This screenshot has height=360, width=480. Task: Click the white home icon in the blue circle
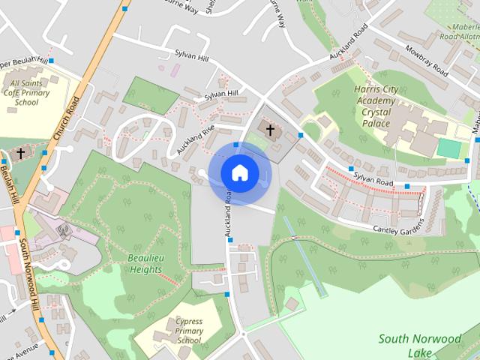239,173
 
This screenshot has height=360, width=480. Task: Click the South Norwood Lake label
420,345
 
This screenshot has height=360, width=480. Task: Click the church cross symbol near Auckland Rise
270,130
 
